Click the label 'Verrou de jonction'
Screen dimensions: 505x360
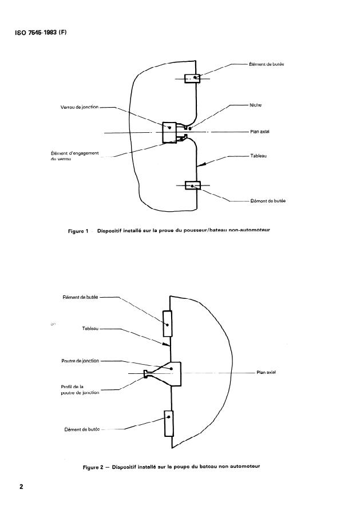80,106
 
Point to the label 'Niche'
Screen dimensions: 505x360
255,105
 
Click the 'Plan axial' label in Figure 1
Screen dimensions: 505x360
259,132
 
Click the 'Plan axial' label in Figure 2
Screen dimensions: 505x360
266,372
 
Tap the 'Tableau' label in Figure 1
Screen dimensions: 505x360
259,156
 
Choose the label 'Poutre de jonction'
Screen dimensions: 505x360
80,361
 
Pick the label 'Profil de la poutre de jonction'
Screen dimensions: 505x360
80,389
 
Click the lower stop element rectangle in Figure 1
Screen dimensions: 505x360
192,186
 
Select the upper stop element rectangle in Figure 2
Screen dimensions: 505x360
168,323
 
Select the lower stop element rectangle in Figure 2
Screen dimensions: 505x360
168,424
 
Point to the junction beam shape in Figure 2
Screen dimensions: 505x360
172,373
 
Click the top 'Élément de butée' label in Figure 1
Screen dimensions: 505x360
267,64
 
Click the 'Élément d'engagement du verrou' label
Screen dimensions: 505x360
75,156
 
